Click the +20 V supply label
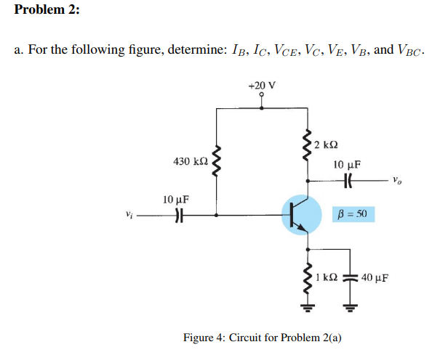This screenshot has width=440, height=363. point(262,85)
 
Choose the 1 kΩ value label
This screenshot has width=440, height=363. point(327,277)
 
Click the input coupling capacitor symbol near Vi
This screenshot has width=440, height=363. point(178,215)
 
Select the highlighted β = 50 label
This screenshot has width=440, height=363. point(351,215)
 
